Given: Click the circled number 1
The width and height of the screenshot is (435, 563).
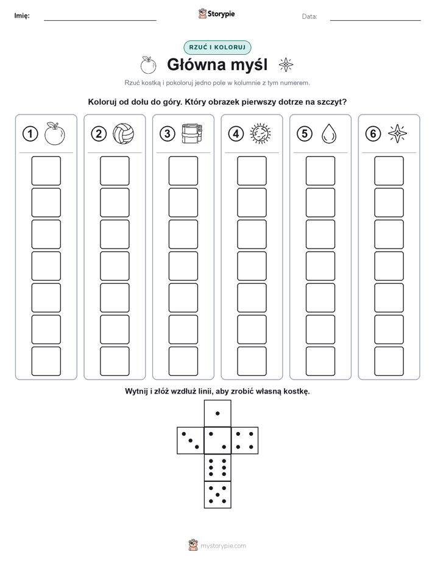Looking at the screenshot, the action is point(30,134).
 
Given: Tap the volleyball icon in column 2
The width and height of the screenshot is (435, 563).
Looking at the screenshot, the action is point(124,134).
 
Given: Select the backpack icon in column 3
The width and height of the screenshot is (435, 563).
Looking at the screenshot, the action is point(193,133).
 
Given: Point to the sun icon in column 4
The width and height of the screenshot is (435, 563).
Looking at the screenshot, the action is point(261,133).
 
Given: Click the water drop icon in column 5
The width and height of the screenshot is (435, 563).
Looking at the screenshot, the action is point(329,133).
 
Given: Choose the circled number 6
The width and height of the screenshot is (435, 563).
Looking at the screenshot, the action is point(373,134).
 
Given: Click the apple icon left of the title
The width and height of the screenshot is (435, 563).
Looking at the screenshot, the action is point(148,65).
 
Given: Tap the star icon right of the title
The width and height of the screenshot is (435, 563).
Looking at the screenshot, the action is point(286,65).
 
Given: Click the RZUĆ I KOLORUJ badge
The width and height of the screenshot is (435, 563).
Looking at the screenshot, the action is point(217,48).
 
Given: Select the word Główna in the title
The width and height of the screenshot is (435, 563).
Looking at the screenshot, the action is point(196,65).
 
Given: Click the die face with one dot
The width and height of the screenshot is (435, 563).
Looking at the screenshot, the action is point(217,414).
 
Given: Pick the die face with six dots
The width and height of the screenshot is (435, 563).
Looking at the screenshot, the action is point(217,467).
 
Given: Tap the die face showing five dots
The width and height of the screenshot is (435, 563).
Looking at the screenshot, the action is point(217,495).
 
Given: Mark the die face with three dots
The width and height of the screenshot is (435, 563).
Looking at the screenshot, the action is point(191,441).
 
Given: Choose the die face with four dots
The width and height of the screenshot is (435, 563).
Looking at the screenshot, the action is point(245,441).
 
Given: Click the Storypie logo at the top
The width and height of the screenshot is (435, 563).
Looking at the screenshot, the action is point(216,14).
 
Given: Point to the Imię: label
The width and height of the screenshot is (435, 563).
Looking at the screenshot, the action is point(22,16).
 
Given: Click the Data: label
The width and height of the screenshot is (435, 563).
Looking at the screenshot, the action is point(309,16).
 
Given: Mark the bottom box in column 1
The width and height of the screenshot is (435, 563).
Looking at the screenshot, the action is point(46,361).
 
